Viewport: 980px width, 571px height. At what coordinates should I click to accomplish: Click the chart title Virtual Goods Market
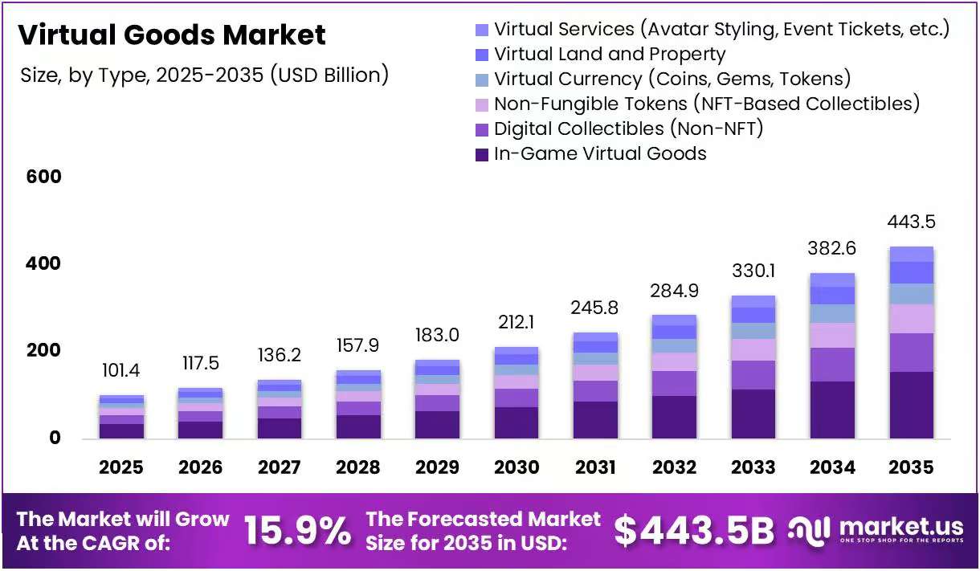pyautogui.click(x=172, y=35)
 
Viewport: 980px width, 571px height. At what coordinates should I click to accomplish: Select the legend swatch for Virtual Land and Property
pyautogui.click(x=482, y=55)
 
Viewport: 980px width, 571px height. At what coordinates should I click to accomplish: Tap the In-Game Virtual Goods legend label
pyautogui.click(x=600, y=153)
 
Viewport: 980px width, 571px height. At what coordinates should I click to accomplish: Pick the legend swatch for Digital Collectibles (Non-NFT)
pyautogui.click(x=482, y=130)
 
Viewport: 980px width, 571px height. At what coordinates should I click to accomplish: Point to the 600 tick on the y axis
pyautogui.click(x=43, y=177)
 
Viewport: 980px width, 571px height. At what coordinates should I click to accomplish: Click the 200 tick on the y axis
pyautogui.click(x=43, y=350)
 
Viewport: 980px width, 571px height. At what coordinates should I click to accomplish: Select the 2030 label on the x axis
pyautogui.click(x=517, y=467)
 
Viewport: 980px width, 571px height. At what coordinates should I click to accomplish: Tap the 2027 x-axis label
pyautogui.click(x=279, y=467)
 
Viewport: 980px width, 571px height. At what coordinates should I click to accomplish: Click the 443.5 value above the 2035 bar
pyautogui.click(x=911, y=222)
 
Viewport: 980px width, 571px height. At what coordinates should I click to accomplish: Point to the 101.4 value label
pyautogui.click(x=120, y=370)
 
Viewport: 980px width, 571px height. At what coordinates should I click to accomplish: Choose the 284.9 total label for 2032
pyautogui.click(x=674, y=291)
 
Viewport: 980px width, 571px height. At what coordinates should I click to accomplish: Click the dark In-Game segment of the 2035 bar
pyautogui.click(x=912, y=406)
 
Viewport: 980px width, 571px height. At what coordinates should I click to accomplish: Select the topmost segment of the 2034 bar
pyautogui.click(x=832, y=280)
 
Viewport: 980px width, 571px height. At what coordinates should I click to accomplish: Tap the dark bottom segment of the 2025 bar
pyautogui.click(x=121, y=431)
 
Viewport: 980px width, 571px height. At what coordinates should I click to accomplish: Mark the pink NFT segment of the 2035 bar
pyautogui.click(x=912, y=319)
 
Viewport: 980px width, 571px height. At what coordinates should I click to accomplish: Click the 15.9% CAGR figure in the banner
pyautogui.click(x=297, y=531)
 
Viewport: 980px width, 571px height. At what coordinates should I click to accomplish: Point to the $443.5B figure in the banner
pyautogui.click(x=694, y=531)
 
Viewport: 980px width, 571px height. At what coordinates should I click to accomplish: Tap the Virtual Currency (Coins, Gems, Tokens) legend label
pyautogui.click(x=672, y=79)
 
